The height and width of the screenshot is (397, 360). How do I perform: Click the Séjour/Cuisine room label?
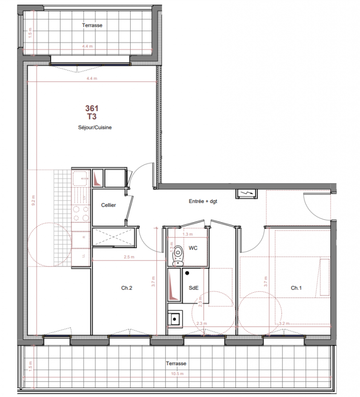click(x=95, y=128)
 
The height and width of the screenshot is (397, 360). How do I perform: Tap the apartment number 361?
click(x=92, y=108)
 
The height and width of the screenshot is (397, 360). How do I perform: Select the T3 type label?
click(x=92, y=117)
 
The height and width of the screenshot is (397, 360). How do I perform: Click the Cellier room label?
click(x=108, y=205)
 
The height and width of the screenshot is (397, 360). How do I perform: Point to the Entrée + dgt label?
click(x=203, y=201)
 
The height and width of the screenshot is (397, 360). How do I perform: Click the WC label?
click(x=193, y=248)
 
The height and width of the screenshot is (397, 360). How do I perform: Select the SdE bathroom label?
click(x=194, y=288)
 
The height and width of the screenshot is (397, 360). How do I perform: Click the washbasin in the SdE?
click(x=175, y=319)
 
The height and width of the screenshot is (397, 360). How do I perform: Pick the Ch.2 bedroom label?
click(x=127, y=288)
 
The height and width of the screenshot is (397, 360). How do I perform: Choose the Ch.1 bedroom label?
click(x=296, y=288)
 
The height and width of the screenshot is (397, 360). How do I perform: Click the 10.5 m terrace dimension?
click(x=177, y=374)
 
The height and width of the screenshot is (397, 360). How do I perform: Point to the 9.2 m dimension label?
click(x=33, y=200)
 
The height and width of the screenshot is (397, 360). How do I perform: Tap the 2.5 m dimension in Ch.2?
click(x=129, y=257)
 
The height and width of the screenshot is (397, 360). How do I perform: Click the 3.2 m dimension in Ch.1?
click(x=284, y=324)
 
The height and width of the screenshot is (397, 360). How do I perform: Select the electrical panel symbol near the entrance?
click(x=246, y=194)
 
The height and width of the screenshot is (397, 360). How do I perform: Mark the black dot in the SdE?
click(x=187, y=273)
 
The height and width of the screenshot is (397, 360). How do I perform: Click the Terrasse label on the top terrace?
click(x=92, y=25)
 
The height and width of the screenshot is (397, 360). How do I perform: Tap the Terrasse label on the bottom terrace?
click(x=176, y=363)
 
